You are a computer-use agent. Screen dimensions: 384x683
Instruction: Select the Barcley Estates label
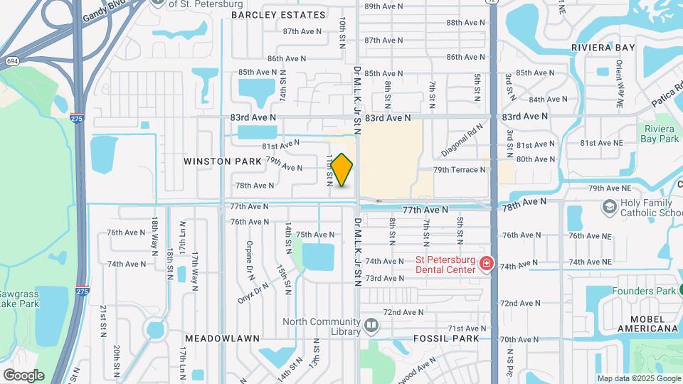277,15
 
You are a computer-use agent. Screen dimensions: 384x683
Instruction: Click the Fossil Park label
446,338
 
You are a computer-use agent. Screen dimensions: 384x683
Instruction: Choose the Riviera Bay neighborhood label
603,48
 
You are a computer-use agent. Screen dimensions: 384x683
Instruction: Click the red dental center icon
487,264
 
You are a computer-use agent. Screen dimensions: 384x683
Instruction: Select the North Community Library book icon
371,326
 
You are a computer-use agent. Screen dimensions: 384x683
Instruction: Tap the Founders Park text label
644,291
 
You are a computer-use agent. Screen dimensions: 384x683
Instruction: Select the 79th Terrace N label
460,170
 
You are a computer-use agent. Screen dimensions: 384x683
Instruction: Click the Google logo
23,375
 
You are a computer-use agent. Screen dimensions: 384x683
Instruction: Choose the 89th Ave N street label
383,6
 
